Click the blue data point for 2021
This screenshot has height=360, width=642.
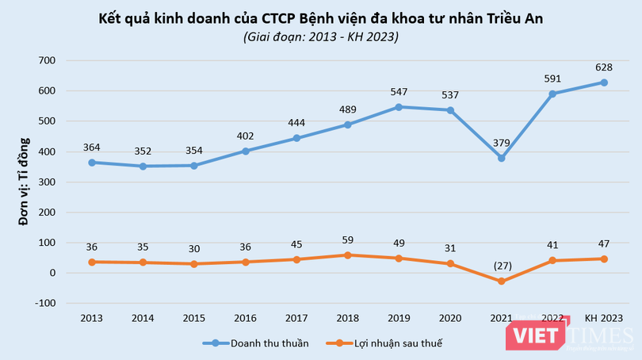(501, 158)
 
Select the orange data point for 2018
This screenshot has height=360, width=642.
(347, 255)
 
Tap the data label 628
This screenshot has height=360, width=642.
(603, 67)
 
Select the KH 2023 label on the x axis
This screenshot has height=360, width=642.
(603, 318)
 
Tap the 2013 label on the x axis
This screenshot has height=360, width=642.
(91, 318)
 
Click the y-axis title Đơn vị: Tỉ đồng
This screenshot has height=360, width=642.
(25, 182)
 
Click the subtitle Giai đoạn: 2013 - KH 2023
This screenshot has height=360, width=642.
(322, 36)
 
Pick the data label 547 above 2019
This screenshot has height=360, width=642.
(399, 91)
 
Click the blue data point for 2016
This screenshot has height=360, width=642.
(245, 151)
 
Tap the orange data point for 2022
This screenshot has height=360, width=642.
(552, 260)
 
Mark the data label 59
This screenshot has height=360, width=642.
(347, 240)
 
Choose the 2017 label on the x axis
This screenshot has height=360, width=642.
(296, 318)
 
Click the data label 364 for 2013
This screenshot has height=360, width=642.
(91, 147)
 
